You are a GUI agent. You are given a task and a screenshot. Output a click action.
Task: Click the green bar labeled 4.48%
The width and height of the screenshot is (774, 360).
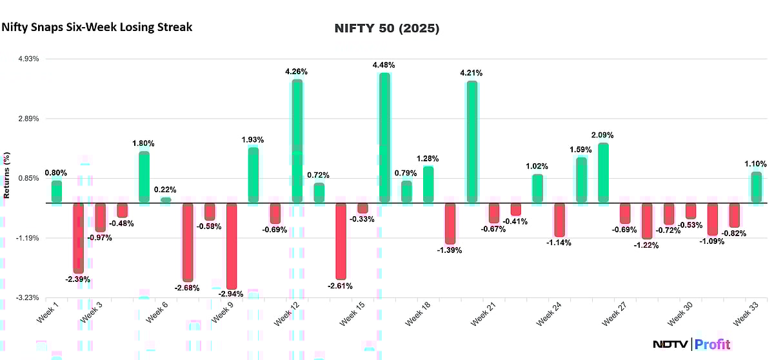(x=384, y=137)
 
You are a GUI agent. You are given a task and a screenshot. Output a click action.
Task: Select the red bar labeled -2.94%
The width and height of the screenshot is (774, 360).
(x=231, y=246)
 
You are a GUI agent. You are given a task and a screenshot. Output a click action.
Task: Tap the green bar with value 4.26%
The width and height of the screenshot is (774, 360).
(x=297, y=141)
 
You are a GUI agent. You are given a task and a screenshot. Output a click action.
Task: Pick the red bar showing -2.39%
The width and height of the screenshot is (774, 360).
(x=78, y=237)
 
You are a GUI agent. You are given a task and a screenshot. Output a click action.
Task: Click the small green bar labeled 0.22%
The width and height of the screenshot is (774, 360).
(x=166, y=200)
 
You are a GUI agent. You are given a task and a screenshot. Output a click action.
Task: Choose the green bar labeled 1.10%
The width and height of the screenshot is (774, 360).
(x=756, y=187)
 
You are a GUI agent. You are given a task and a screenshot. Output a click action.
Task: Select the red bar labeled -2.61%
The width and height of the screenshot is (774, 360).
(x=340, y=241)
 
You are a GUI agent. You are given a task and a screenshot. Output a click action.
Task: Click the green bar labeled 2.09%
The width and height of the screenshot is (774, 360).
(x=603, y=172)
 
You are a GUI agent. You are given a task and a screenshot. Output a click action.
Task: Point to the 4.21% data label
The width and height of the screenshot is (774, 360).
(x=471, y=73)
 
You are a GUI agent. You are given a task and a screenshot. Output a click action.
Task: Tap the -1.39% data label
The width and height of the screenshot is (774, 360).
(x=450, y=250)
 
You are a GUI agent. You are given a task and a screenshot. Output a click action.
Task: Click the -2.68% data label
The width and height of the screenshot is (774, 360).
(x=187, y=288)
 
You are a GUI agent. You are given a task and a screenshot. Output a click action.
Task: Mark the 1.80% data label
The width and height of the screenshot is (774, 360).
(x=144, y=143)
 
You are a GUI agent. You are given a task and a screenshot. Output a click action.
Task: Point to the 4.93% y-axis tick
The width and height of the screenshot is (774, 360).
(x=28, y=59)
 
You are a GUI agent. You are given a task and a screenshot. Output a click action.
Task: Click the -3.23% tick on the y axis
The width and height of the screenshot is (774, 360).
(x=28, y=298)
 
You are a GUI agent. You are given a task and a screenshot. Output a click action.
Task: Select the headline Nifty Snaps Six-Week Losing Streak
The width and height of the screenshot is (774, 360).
(x=97, y=27)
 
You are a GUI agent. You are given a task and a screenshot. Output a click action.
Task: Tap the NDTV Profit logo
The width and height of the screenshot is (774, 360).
(x=690, y=344)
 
